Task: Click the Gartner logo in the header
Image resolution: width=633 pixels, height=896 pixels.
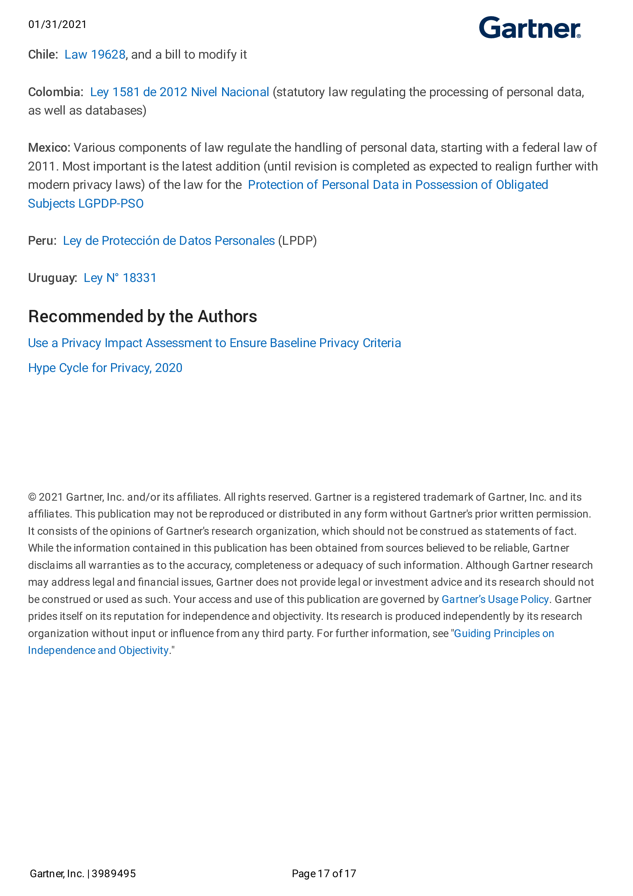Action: coord(529,28)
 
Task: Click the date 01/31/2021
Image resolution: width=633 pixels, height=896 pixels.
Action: coord(57,25)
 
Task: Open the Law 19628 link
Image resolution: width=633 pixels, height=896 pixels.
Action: coord(95,55)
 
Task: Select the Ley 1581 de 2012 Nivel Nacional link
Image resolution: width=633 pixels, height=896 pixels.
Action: coord(180,92)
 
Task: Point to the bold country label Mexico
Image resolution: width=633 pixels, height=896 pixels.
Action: coord(49,148)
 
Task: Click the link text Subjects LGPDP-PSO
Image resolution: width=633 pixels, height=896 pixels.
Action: coord(86,204)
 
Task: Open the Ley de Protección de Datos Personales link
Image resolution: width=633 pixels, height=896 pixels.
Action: coord(168,241)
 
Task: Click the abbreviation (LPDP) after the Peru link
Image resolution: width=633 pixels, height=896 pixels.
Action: coord(297,241)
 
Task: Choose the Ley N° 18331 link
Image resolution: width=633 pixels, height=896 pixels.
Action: coord(120,278)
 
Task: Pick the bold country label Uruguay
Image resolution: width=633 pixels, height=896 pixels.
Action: coord(52,278)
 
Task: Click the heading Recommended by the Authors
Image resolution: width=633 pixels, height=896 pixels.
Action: coord(142,316)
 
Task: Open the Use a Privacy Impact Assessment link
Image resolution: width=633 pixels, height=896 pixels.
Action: coord(214,343)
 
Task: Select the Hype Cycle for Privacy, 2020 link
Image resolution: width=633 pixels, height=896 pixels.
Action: coord(105,368)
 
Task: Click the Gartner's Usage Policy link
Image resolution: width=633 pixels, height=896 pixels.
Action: coord(494,600)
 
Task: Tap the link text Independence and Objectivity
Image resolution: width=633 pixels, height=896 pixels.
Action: coord(98,650)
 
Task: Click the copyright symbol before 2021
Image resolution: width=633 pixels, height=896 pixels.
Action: coord(32,497)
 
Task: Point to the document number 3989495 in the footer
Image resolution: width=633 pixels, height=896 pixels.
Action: coord(113,873)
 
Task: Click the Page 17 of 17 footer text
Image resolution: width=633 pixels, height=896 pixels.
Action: coord(324,873)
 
